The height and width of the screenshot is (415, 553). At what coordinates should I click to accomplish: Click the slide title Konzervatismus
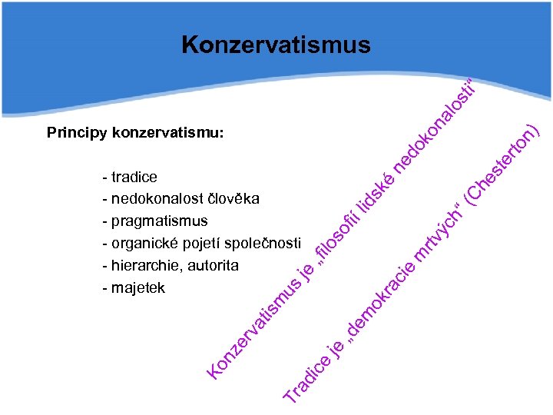coord(276,45)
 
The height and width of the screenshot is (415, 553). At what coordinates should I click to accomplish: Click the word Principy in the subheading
coord(77,133)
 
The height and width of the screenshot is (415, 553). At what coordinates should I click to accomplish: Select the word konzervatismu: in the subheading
coord(168,133)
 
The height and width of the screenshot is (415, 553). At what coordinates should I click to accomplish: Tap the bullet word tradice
coord(134,177)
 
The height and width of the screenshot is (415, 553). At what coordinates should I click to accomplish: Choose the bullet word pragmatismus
coord(159,221)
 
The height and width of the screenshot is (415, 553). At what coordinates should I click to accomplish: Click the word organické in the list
coord(145,244)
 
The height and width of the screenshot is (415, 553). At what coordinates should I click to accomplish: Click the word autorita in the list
coord(210,266)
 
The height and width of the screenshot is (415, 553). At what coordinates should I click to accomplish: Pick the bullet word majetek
coord(138,288)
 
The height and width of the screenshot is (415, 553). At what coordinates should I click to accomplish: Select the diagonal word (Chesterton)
coord(504,162)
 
